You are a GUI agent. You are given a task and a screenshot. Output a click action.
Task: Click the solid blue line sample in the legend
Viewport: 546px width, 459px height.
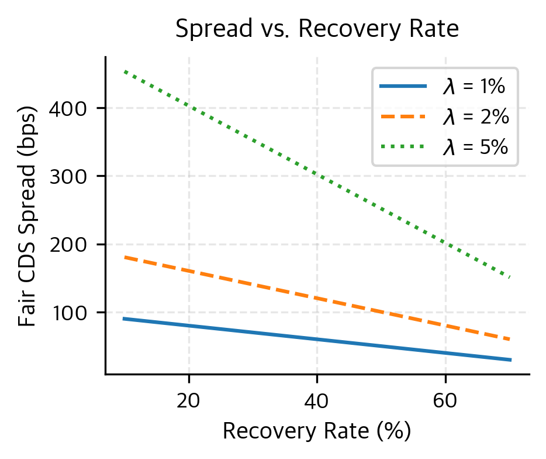tap(403, 87)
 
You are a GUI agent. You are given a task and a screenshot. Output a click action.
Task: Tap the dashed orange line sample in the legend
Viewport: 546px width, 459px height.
tap(403, 117)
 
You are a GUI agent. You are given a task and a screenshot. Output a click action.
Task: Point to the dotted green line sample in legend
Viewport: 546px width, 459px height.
tap(403, 148)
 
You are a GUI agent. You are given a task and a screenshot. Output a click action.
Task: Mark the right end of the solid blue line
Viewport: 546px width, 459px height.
tap(510, 359)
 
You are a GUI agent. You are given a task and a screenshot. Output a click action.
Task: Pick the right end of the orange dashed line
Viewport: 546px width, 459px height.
tap(510, 340)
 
